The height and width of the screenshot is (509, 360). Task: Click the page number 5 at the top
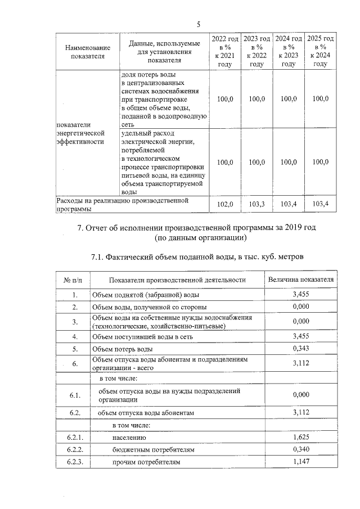(x=199, y=24)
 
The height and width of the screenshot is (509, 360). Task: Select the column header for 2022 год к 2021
(x=225, y=51)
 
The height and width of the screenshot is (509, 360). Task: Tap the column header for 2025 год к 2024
(x=320, y=51)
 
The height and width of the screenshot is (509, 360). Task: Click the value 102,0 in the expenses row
(x=225, y=204)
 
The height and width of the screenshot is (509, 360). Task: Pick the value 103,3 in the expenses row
(x=256, y=204)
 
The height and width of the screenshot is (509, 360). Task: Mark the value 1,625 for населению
(x=301, y=437)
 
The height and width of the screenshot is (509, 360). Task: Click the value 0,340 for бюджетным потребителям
(x=301, y=449)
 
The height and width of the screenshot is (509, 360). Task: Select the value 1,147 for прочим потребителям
(x=301, y=462)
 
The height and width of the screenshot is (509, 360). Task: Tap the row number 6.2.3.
(x=75, y=462)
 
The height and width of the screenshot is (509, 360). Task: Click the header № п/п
(x=74, y=280)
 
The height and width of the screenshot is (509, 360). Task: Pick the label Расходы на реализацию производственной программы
(x=121, y=204)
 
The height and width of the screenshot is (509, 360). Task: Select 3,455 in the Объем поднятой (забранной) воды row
(x=301, y=294)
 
